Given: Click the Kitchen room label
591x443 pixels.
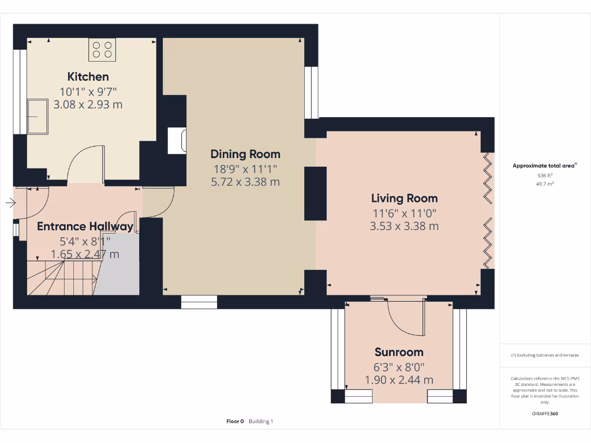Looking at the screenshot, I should [x=88, y=77].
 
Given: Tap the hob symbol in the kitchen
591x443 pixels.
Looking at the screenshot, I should [x=102, y=50].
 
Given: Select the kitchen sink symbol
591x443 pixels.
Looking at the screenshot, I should [x=39, y=117].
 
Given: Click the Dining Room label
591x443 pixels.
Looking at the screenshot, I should [x=245, y=154].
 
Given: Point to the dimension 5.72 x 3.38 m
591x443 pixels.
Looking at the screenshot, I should [x=245, y=182].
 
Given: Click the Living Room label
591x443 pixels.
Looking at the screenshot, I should [x=404, y=198].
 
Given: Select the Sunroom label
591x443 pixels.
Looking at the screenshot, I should [x=399, y=352].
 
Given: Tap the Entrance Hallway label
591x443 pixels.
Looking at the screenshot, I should [x=85, y=227].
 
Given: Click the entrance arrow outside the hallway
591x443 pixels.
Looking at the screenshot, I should [x=10, y=202].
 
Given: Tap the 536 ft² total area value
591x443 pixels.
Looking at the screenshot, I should [x=545, y=175].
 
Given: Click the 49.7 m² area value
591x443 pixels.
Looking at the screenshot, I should [x=545, y=184].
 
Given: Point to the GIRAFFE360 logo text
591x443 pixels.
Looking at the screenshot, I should [x=545, y=414].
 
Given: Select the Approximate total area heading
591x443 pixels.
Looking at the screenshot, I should [x=544, y=166].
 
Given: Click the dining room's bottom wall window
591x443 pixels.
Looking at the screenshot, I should [x=199, y=301].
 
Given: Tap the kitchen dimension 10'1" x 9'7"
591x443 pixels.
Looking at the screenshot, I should [x=88, y=91].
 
